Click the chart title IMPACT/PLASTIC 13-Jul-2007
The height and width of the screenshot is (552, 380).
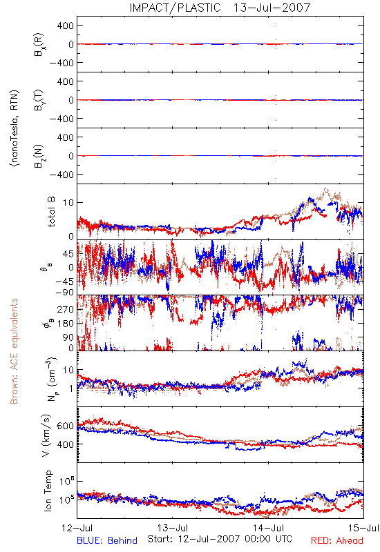tap(220, 8)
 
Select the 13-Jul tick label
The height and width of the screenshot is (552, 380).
tap(173, 528)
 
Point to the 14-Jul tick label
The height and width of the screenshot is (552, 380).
tap(268, 528)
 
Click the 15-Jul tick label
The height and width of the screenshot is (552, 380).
tap(363, 528)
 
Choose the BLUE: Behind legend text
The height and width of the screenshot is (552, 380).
tap(107, 541)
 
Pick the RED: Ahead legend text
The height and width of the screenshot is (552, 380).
tap(336, 541)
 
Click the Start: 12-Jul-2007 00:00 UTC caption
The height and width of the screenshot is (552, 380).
tap(220, 539)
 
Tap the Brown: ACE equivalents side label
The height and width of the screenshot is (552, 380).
tap(14, 351)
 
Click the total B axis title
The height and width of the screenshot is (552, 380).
tap(50, 212)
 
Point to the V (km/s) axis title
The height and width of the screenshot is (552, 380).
tap(46, 436)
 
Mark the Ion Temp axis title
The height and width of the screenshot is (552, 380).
tap(48, 491)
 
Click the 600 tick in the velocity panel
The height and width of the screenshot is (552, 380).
tap(66, 426)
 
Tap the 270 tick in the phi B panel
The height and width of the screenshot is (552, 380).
tap(66, 310)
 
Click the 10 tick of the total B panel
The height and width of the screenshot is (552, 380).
tap(68, 203)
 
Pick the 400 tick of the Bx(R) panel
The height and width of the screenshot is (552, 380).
tap(66, 26)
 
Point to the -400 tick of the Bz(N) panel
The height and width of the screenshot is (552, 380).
tap(61, 175)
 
